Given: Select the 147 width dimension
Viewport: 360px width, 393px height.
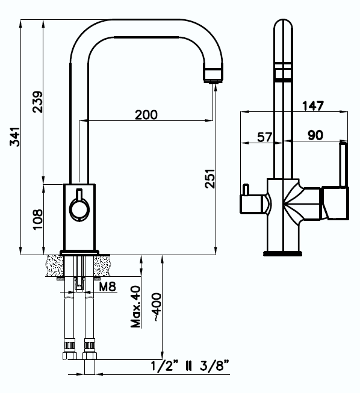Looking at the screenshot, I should (313, 106).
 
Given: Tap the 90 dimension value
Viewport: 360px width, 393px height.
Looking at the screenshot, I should (315, 135).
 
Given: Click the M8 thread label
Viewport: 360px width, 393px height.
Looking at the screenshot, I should (107, 286).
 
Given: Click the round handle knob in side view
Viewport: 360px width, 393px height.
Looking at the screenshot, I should (78, 208).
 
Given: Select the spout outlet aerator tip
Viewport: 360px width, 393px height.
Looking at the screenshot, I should (214, 73).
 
